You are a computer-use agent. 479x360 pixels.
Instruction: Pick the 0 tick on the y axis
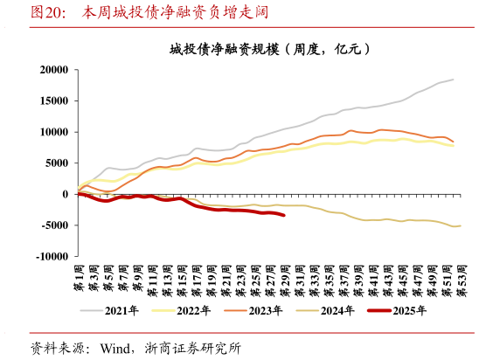pyautogui.click(x=65, y=194)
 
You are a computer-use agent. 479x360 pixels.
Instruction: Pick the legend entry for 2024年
pyautogui.click(x=334, y=310)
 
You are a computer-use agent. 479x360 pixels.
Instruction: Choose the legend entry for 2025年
pyautogui.click(x=406, y=310)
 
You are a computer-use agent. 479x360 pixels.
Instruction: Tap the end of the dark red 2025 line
pyautogui.click(x=283, y=215)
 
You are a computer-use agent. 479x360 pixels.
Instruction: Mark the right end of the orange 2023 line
pyautogui.click(x=453, y=142)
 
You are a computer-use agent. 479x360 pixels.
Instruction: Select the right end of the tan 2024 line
pyautogui.click(x=460, y=225)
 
